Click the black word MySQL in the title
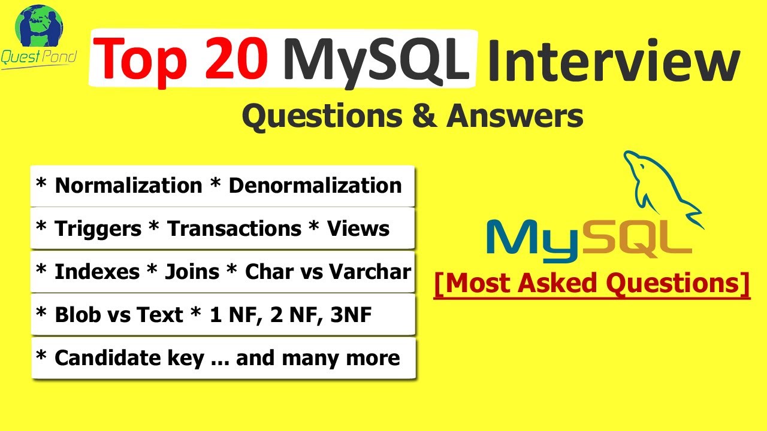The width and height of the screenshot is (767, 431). (x=376, y=58)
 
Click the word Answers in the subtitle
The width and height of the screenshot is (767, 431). (x=515, y=116)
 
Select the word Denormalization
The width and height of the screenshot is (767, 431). (x=315, y=186)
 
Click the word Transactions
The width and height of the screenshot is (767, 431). (x=234, y=229)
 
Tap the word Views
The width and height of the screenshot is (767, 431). (x=358, y=229)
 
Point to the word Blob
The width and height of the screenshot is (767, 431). (x=74, y=315)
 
